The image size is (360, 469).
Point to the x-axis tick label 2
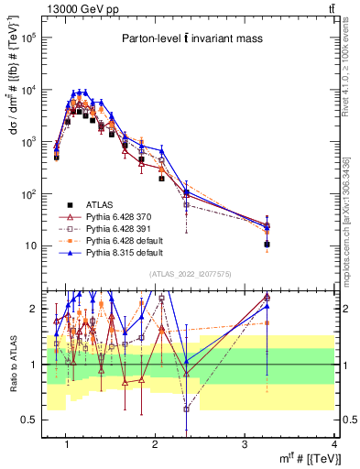point(155,444)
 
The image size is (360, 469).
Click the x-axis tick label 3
point(245,444)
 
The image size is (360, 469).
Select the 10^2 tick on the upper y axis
point(30,194)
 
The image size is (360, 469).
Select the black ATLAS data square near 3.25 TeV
point(267,245)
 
